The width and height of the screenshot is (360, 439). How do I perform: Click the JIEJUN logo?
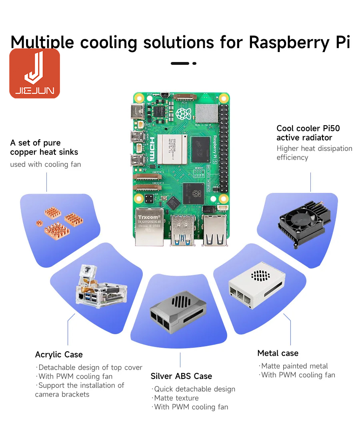[35, 74]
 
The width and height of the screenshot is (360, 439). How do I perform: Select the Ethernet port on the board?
[148, 226]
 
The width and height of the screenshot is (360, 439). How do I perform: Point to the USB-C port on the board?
[136, 110]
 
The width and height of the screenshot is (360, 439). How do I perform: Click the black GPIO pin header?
[224, 148]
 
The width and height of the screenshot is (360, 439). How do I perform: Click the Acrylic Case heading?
[59, 355]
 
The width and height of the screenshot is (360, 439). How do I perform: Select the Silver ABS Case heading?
[181, 376]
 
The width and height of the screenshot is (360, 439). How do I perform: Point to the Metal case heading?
[278, 353]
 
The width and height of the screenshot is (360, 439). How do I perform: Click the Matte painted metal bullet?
[294, 366]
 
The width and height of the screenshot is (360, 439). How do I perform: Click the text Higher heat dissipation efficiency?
[314, 153]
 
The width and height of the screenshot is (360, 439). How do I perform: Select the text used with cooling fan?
[46, 164]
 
